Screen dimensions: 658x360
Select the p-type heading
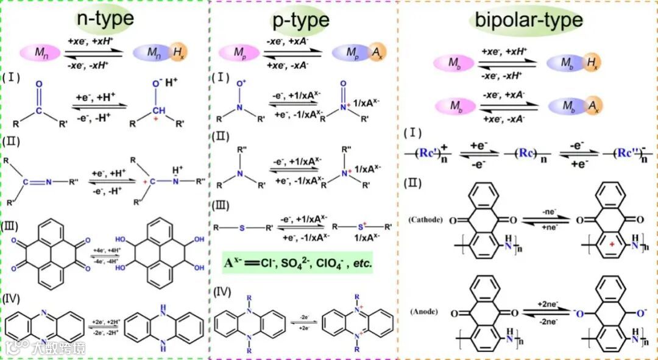click(x=300, y=20)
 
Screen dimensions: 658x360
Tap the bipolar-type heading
click(x=525, y=19)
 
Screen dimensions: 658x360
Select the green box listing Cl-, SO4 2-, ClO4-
click(x=297, y=264)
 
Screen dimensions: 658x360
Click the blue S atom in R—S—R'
click(x=241, y=228)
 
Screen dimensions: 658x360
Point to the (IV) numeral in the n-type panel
click(x=13, y=298)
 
